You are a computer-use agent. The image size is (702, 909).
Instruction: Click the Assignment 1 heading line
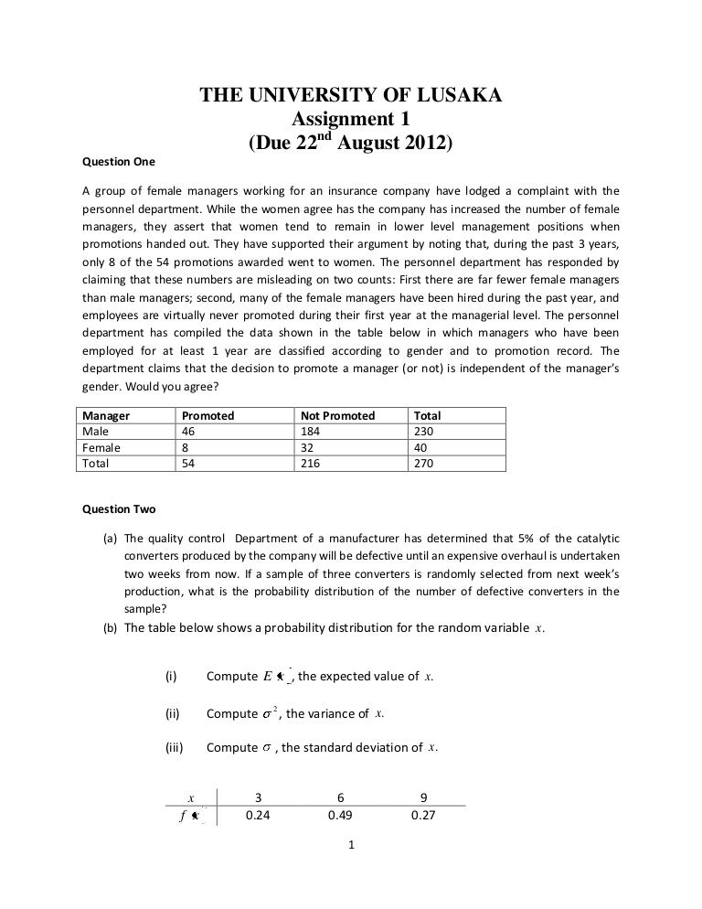(351, 120)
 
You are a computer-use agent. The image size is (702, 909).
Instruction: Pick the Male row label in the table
(95, 431)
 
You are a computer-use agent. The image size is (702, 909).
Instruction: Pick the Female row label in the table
(101, 447)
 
